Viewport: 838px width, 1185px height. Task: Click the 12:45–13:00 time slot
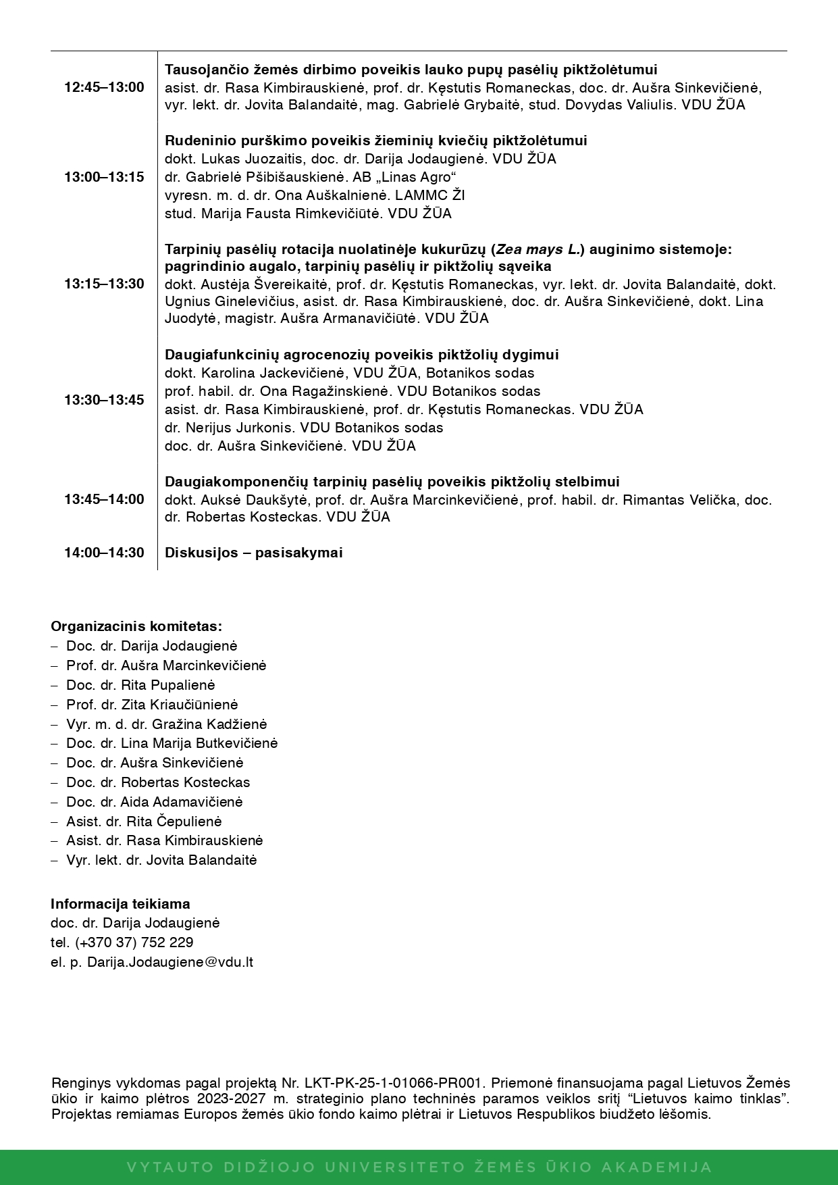pyautogui.click(x=104, y=87)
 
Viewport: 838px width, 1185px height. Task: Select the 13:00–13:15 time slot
pyautogui.click(x=104, y=177)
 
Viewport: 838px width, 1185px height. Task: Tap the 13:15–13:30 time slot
pyautogui.click(x=104, y=284)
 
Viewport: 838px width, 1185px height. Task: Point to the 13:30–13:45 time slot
pyautogui.click(x=104, y=400)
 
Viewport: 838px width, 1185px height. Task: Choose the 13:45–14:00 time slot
pyautogui.click(x=104, y=499)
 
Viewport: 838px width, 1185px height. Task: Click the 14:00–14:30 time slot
pyautogui.click(x=104, y=553)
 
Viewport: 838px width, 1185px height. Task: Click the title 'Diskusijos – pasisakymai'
pyautogui.click(x=254, y=553)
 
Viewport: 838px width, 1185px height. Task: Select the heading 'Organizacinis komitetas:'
pyautogui.click(x=136, y=626)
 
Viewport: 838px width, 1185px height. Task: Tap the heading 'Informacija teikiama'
pyautogui.click(x=120, y=904)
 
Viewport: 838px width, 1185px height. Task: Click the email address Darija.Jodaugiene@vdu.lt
pyautogui.click(x=170, y=962)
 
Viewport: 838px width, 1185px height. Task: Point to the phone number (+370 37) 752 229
pyautogui.click(x=134, y=942)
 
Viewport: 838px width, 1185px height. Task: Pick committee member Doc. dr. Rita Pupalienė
pyautogui.click(x=140, y=685)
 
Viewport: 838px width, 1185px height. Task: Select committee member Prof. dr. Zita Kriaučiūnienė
pyautogui.click(x=152, y=705)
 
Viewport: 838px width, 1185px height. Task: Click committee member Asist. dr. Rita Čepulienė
pyautogui.click(x=144, y=822)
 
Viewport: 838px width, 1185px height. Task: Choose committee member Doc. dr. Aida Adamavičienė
pyautogui.click(x=154, y=802)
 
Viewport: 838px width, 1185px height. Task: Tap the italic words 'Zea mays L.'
pyautogui.click(x=538, y=249)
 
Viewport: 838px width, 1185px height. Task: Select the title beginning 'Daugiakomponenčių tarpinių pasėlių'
pyautogui.click(x=392, y=482)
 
